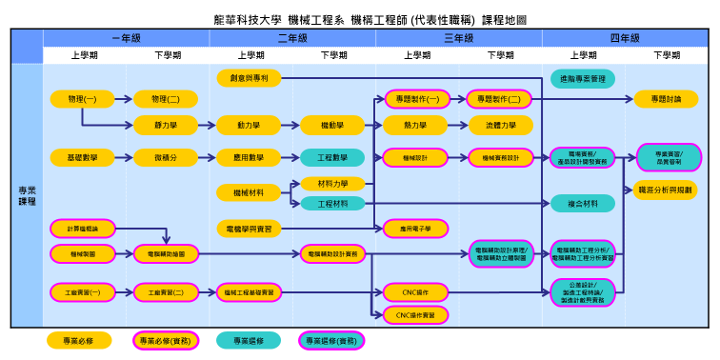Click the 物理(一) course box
point(82,99)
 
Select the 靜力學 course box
point(166,125)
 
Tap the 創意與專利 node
point(249,77)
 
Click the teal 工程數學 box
point(332,157)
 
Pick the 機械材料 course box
point(249,192)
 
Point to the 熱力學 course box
point(415,125)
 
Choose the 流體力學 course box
point(500,125)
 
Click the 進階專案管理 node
point(583,77)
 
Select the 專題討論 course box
point(666,99)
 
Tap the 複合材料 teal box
point(583,203)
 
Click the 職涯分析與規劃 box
point(666,190)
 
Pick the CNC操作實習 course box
point(415,314)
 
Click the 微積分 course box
point(166,157)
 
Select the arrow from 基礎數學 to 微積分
point(124,157)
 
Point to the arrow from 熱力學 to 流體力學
point(458,125)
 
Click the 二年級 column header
point(292,38)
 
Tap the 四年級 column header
point(625,38)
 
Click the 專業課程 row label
point(27,196)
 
